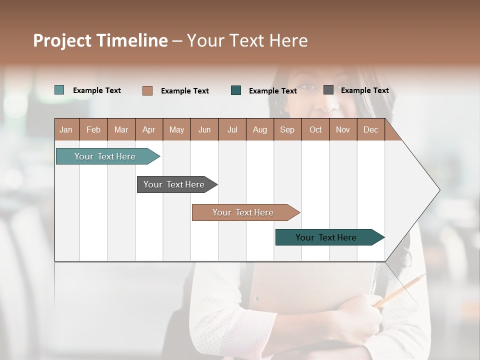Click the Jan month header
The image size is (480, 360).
(66, 130)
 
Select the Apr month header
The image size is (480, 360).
(148, 130)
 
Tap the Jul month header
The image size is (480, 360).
(232, 130)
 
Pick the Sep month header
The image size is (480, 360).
(287, 130)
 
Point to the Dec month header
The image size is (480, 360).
(370, 130)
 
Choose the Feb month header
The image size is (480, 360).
(93, 130)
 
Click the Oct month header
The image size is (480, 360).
(315, 130)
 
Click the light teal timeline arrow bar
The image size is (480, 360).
(105, 156)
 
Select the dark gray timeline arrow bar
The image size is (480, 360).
(174, 184)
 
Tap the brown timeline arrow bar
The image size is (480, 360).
(243, 212)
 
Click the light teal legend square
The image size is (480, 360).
(59, 90)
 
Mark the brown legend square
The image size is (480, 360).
(147, 90)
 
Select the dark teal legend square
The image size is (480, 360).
(236, 90)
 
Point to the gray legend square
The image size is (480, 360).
(328, 90)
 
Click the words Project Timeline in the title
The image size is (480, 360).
(100, 40)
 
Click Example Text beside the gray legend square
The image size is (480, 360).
(364, 90)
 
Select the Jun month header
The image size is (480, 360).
(204, 130)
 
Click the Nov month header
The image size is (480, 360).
(343, 130)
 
